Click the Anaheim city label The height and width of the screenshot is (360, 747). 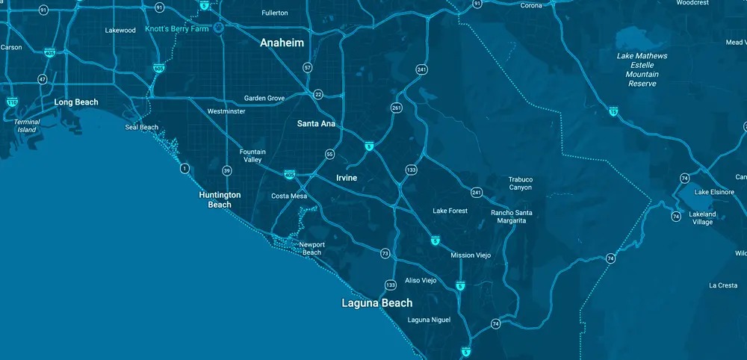282,43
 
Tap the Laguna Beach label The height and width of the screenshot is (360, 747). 376,302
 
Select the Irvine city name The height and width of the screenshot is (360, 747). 342,178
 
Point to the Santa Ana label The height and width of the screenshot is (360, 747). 316,123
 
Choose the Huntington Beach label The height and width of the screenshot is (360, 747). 220,199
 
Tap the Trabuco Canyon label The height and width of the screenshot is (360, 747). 520,183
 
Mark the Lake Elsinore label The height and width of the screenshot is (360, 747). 714,192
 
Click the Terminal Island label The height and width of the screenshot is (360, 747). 27,125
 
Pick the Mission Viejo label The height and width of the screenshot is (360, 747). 471,255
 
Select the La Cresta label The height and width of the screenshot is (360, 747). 723,285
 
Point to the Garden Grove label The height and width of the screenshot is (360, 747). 264,99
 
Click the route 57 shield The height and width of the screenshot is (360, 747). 308,68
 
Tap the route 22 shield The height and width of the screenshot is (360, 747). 318,94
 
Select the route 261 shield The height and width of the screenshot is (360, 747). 396,108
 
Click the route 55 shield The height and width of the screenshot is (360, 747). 329,155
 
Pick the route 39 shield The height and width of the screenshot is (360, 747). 226,170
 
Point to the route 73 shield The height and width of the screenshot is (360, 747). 385,254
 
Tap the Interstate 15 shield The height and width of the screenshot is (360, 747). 613,111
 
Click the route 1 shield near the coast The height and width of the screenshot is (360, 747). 184,169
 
